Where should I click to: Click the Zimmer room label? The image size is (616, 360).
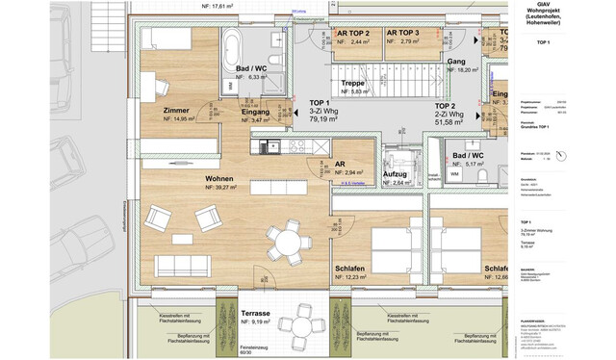[176, 110]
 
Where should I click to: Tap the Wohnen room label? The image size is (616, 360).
[218, 179]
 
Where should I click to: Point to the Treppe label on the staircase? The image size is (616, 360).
[353, 83]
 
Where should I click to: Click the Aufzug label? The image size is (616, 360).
[396, 174]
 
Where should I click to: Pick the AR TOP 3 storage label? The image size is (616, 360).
[403, 33]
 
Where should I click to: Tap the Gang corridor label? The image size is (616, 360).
[456, 61]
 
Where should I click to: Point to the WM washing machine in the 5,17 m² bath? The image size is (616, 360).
[454, 174]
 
